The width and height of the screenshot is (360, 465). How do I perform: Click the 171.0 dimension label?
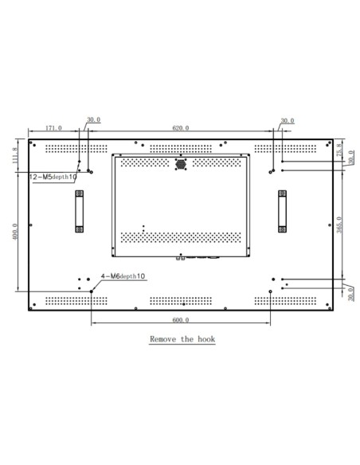pos(54,127)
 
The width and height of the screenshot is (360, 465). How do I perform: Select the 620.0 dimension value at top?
pos(181,127)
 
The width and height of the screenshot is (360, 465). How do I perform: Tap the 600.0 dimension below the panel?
pos(181,320)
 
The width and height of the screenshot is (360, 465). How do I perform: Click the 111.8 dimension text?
pos(16,155)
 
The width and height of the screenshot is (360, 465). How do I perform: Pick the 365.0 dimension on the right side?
pos(340,225)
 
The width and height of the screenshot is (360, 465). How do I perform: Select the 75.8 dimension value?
pos(340,150)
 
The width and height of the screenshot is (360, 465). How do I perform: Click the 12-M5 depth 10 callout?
pos(53,176)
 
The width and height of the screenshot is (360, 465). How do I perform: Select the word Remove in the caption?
pos(165,339)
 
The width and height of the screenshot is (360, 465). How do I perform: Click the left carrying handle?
pos(79,211)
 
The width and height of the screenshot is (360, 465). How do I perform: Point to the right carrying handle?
pos(282,211)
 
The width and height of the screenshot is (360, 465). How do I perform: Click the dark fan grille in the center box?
pos(181,164)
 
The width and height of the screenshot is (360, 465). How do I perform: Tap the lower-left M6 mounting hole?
pos(92,291)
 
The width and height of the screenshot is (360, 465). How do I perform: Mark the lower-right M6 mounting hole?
pos(271,291)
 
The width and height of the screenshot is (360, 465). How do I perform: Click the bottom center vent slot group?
pos(181,301)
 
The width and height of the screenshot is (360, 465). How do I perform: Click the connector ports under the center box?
pos(195,257)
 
